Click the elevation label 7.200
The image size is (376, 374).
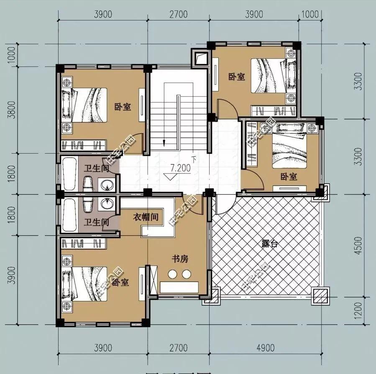coord(180,168)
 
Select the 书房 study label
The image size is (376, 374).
coord(180,259)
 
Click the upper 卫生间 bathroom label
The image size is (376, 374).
coord(96,169)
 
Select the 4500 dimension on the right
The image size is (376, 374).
coord(357,246)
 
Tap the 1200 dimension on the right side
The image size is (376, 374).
coord(357,311)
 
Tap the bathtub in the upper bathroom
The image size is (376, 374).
coord(69,173)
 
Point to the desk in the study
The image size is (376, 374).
coord(180,287)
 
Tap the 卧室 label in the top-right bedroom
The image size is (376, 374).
coord(236,77)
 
